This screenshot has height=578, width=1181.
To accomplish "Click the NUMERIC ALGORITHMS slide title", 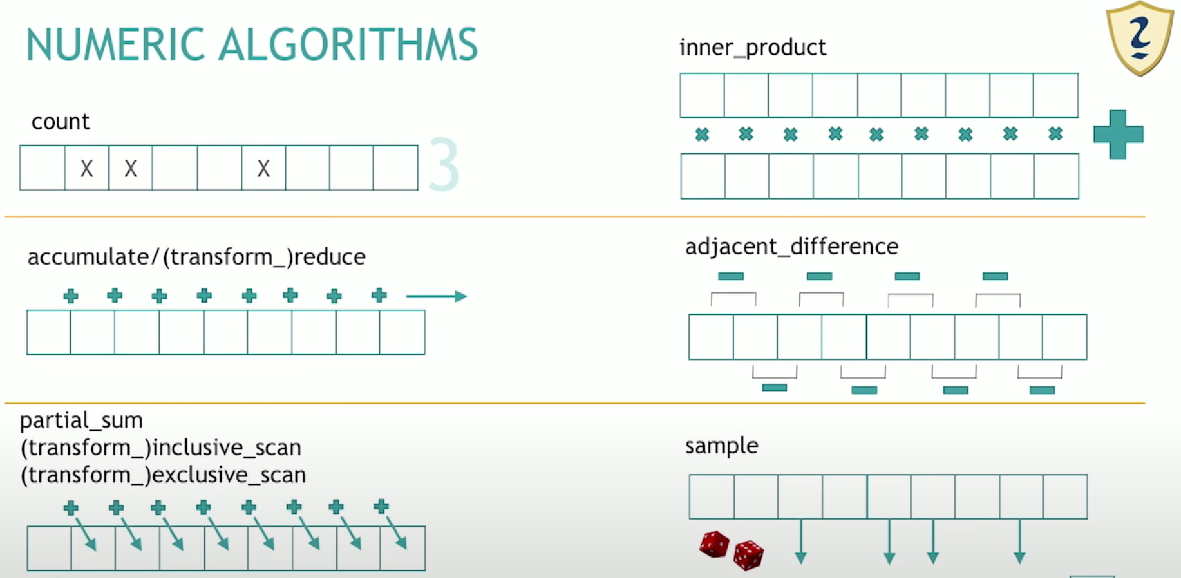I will (x=252, y=45).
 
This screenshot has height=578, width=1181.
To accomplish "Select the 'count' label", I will (x=60, y=122).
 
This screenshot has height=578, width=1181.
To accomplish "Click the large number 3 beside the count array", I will (x=444, y=165).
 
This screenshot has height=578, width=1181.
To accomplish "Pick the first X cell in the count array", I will (x=87, y=168).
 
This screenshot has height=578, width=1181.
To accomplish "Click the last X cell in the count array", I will (x=263, y=168).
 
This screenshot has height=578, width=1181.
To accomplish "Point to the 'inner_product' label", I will (x=752, y=48).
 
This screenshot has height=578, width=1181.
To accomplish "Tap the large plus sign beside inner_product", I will (x=1118, y=134).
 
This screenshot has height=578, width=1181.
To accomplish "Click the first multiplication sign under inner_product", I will (x=702, y=134).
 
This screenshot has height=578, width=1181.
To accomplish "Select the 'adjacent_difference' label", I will (x=792, y=247).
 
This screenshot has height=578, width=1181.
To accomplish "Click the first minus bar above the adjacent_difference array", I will (x=731, y=276).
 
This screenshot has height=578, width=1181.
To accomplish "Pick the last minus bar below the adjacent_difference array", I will (x=1042, y=390).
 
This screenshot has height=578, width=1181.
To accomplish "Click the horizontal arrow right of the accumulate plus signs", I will (x=436, y=296).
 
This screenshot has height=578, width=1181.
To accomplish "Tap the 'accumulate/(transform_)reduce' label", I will (x=197, y=257).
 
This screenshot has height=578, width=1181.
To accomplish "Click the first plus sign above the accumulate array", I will (x=71, y=296).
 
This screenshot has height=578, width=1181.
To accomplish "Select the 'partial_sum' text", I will (x=81, y=420).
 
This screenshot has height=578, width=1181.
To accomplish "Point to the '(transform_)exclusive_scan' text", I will (x=163, y=475).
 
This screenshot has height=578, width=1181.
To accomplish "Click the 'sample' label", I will (x=722, y=446).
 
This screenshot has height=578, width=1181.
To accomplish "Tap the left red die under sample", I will (x=714, y=544).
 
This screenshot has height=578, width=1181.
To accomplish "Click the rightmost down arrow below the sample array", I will (x=1019, y=541).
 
